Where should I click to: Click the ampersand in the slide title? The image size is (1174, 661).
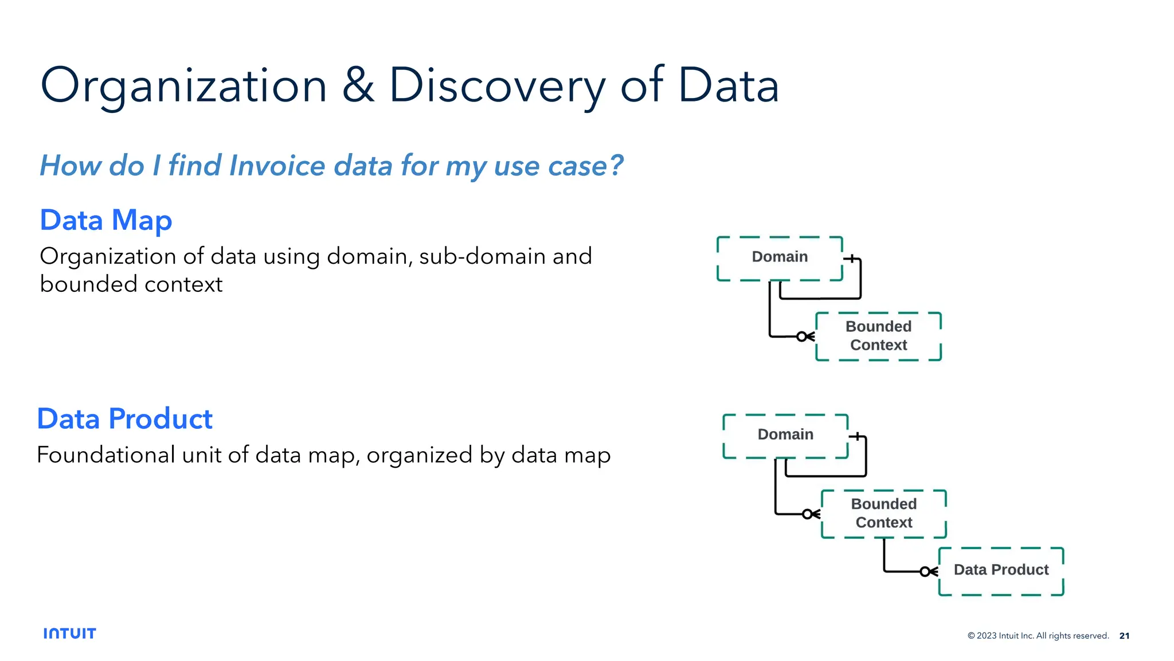[x=358, y=86]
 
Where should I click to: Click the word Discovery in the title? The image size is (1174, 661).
[x=496, y=86]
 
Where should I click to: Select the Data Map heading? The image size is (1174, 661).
[x=106, y=221]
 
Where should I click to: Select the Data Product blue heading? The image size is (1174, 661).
[x=125, y=419]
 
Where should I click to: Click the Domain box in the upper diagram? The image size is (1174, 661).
[x=780, y=257]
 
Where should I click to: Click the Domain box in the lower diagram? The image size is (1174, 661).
[x=785, y=435]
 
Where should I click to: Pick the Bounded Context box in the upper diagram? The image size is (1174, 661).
[x=878, y=336]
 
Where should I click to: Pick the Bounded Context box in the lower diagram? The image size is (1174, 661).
[x=883, y=514]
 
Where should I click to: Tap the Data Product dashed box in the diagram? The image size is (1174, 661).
[x=1001, y=570]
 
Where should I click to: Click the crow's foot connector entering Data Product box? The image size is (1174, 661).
[x=929, y=572]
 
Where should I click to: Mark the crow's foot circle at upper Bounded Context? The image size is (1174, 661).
[x=802, y=337]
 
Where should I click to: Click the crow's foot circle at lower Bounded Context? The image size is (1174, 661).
[x=807, y=514]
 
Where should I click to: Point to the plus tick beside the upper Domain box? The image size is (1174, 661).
[x=852, y=259]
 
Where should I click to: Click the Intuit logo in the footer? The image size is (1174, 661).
[x=70, y=633]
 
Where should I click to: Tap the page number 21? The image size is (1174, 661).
[x=1124, y=636]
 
